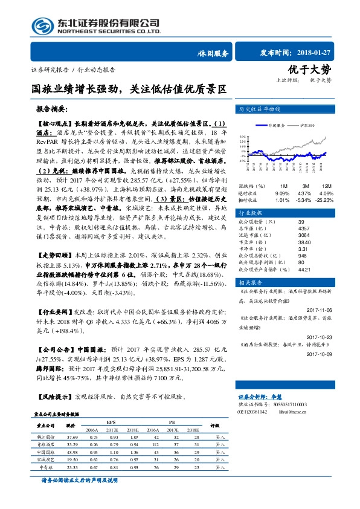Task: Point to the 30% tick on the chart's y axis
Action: pos(242,137)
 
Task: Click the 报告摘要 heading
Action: pos(52,111)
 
